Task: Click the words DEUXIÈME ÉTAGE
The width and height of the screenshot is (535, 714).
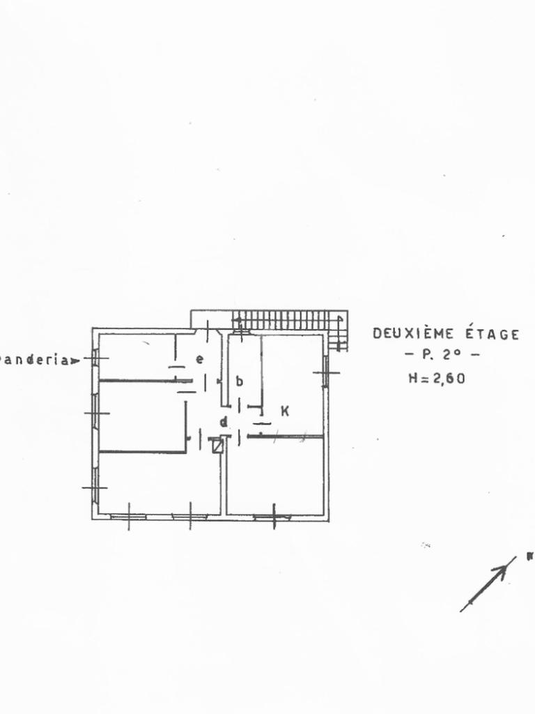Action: [x=446, y=334]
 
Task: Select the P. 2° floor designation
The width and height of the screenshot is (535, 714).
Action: [x=442, y=356]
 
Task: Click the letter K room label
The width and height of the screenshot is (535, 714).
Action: [x=285, y=411]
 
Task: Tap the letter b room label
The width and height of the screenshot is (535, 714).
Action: [x=240, y=381]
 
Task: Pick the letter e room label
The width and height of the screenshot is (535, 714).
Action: [x=199, y=360]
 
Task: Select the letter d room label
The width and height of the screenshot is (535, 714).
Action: [x=224, y=421]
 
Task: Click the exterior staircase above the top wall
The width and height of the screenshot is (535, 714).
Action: [x=287, y=320]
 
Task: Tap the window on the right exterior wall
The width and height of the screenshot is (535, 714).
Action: [x=325, y=372]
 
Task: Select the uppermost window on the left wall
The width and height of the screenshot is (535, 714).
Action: [x=95, y=357]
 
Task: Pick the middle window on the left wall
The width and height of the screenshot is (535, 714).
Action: [x=95, y=413]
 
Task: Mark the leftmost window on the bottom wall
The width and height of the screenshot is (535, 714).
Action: [x=129, y=517]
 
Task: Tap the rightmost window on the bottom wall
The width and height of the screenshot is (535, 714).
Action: [x=273, y=517]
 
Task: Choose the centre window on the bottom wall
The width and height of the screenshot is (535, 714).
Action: [x=190, y=517]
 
